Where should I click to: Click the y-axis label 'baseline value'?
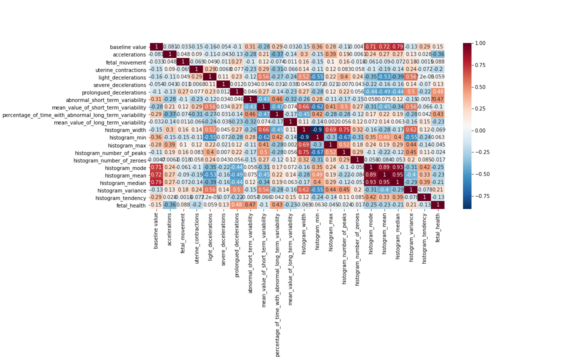(x=128, y=47)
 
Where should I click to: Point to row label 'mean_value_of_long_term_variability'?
(x=99, y=122)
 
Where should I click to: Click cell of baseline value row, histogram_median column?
(x=397, y=47)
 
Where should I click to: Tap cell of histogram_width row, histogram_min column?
(x=317, y=130)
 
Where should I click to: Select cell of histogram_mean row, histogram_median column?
(x=397, y=175)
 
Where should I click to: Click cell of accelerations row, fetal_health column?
(x=438, y=54)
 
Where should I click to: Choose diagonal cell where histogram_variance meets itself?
(x=411, y=190)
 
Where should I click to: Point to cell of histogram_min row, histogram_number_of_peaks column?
(x=344, y=137)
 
